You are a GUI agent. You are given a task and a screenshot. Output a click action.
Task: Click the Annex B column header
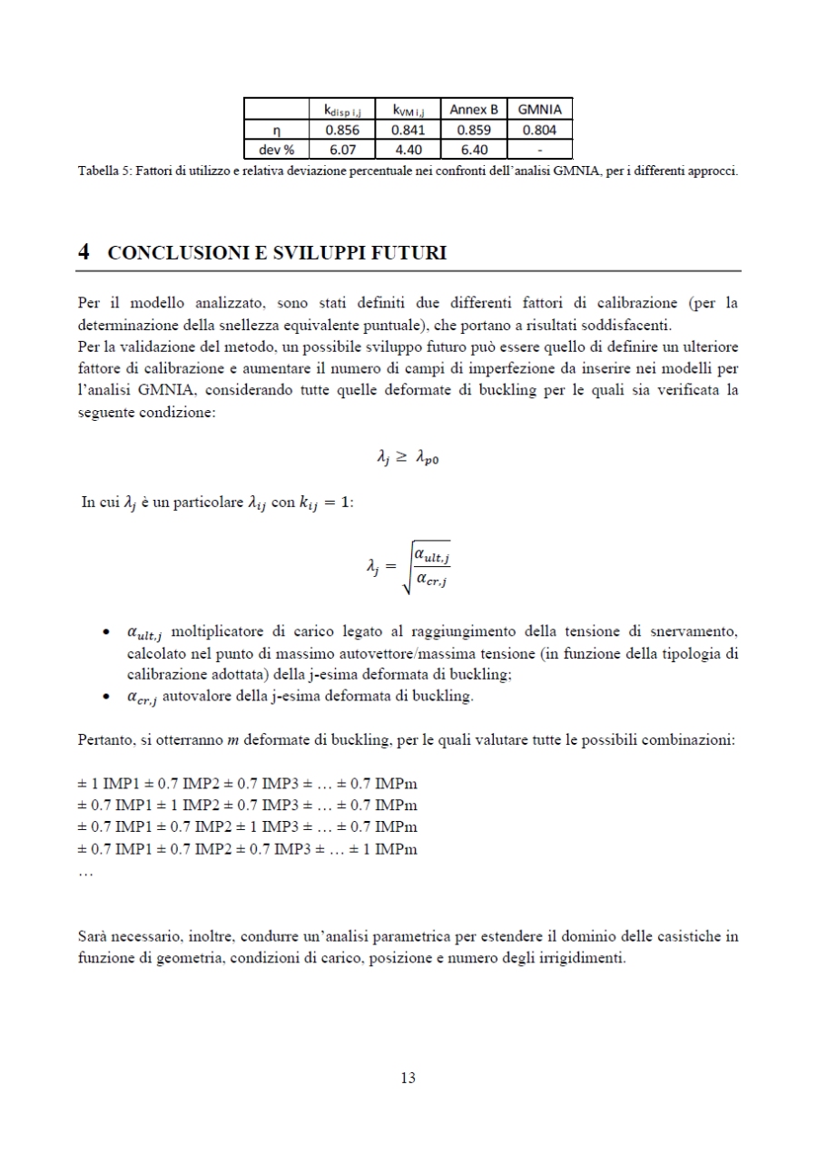[473, 110]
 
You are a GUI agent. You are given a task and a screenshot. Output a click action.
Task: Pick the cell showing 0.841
[408, 130]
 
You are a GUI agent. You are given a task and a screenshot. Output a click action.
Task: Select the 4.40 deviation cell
[408, 150]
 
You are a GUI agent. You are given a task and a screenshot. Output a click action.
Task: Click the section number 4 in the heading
[84, 253]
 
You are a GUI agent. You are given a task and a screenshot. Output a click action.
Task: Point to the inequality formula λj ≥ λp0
[408, 460]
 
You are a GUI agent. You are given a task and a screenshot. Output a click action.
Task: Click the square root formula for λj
[408, 568]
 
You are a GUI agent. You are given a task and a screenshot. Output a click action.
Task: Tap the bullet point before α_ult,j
[107, 630]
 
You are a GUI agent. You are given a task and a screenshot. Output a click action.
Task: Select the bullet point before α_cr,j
[107, 696]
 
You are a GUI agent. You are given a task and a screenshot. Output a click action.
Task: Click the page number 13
[408, 1078]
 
